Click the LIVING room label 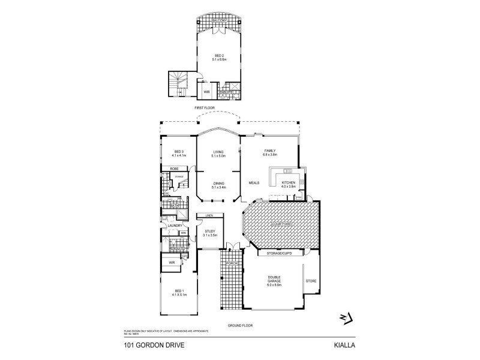tap(218, 153)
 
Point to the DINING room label tap(218, 185)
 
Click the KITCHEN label tap(289, 184)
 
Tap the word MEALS tap(254, 182)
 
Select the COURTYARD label tap(281, 224)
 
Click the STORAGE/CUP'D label tap(279, 254)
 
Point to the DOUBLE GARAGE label tap(273, 281)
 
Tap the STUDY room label tap(209, 230)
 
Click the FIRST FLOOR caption tap(205, 107)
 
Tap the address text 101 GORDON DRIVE tap(140, 346)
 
